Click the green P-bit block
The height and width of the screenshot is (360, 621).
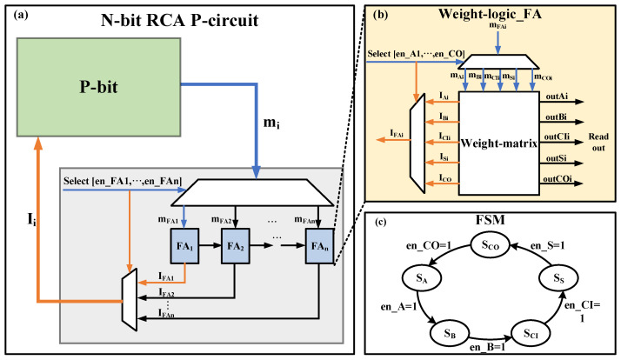pyautogui.click(x=98, y=88)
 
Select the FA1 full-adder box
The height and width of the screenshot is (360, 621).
pyautogui.click(x=184, y=246)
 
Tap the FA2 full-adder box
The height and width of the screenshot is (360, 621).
pyautogui.click(x=235, y=246)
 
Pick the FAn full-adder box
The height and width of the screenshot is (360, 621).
pyautogui.click(x=319, y=246)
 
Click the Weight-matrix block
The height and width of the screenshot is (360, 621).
pyautogui.click(x=499, y=143)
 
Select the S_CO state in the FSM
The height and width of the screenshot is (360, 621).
pyautogui.click(x=491, y=245)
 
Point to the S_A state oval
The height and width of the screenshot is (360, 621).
pyautogui.click(x=422, y=278)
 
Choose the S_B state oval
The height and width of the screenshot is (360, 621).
pyautogui.click(x=450, y=333)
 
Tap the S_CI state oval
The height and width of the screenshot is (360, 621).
pyautogui.click(x=531, y=333)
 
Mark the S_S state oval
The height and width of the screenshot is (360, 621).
pyautogui.click(x=558, y=278)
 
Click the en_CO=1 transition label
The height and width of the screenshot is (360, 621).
pyautogui.click(x=429, y=245)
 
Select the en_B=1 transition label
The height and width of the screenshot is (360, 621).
pyautogui.click(x=488, y=347)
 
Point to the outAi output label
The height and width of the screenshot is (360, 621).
pyautogui.click(x=557, y=97)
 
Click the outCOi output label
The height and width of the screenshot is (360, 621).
pyautogui.click(x=558, y=179)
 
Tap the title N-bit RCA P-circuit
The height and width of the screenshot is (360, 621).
pyautogui.click(x=179, y=20)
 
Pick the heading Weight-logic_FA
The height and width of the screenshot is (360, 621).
pyautogui.click(x=490, y=14)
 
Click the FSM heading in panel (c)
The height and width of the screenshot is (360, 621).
pyautogui.click(x=490, y=219)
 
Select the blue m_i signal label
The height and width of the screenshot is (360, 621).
pyautogui.click(x=271, y=123)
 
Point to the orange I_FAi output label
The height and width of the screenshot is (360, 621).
pyautogui.click(x=397, y=133)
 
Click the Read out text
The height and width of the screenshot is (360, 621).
pyautogui.click(x=598, y=143)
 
